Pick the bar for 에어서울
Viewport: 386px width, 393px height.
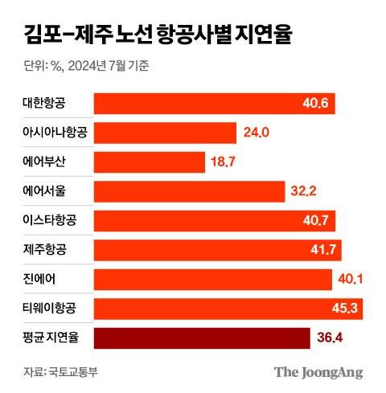[190, 191]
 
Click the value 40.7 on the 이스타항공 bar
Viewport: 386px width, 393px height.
[314, 220]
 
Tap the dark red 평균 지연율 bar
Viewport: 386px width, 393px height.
[201, 338]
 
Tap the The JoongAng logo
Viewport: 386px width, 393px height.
[318, 371]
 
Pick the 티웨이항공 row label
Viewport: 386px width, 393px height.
[53, 308]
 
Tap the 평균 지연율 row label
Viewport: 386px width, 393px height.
[53, 338]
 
